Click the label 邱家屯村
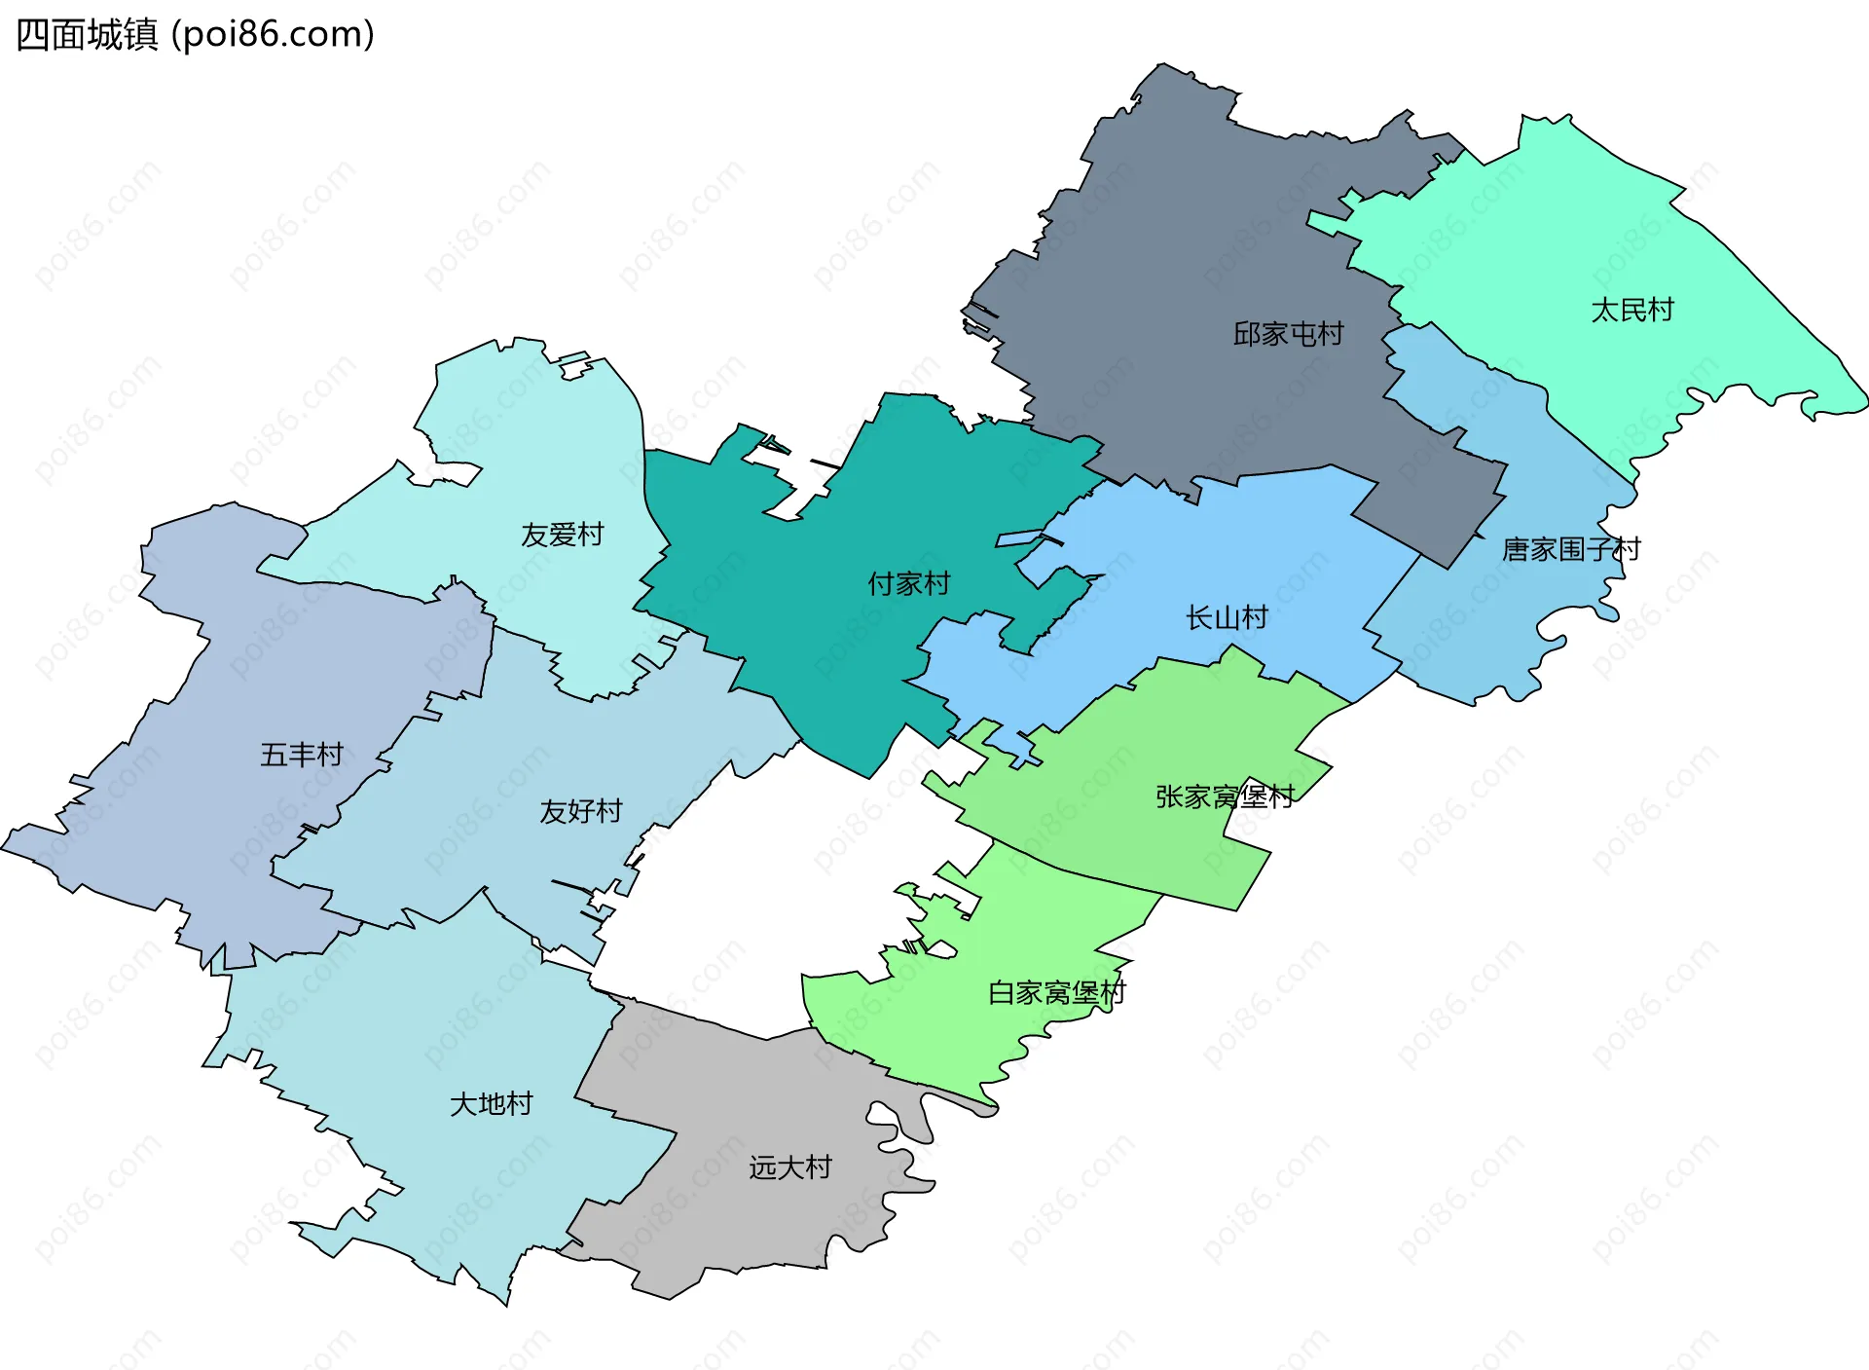click(x=1288, y=334)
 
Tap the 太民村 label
click(x=1631, y=310)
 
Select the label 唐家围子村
click(x=1570, y=550)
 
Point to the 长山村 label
click(x=1227, y=617)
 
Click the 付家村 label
click(x=908, y=584)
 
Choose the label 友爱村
click(x=562, y=535)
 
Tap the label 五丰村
click(x=302, y=755)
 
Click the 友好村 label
click(x=580, y=811)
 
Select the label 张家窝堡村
click(x=1224, y=796)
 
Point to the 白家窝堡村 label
click(x=1056, y=992)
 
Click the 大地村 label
click(x=491, y=1103)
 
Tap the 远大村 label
click(x=789, y=1166)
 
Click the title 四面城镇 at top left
click(x=88, y=35)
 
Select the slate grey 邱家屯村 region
click(x=1168, y=243)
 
